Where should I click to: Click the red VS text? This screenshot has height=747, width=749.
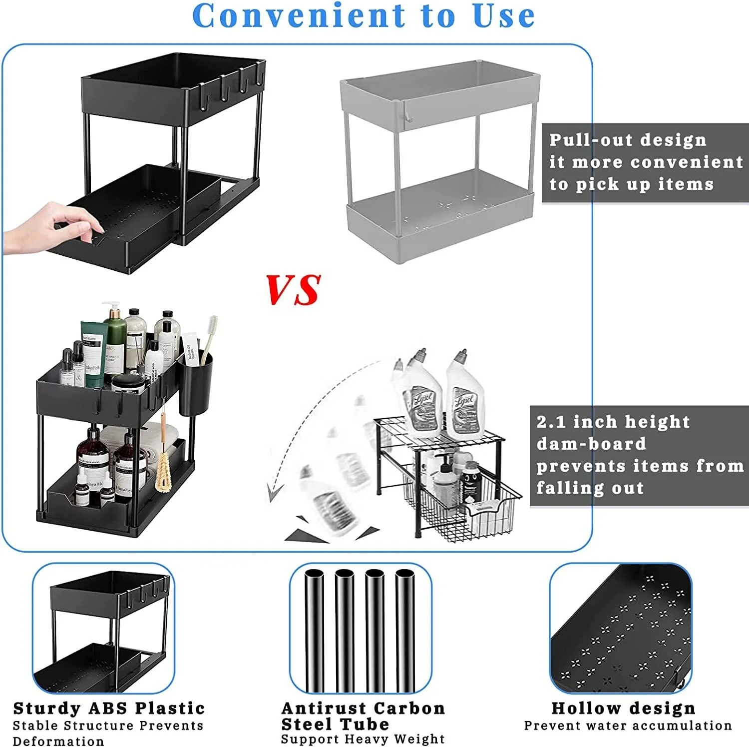pos(293,290)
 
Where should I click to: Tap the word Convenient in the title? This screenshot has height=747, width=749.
pos(299,16)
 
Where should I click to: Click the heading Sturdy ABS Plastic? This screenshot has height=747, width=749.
pos(109,709)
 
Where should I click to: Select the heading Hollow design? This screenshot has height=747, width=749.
pos(623,709)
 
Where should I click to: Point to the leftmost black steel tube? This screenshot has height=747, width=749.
pos(314,630)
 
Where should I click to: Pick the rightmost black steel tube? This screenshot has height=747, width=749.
pos(404,630)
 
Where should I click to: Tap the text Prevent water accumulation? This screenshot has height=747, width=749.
pos(628,726)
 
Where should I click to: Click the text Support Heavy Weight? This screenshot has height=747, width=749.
pos(363,739)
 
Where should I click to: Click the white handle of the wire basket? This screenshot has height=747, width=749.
pos(482,510)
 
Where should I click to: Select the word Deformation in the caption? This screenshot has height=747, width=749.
pos(58,741)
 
